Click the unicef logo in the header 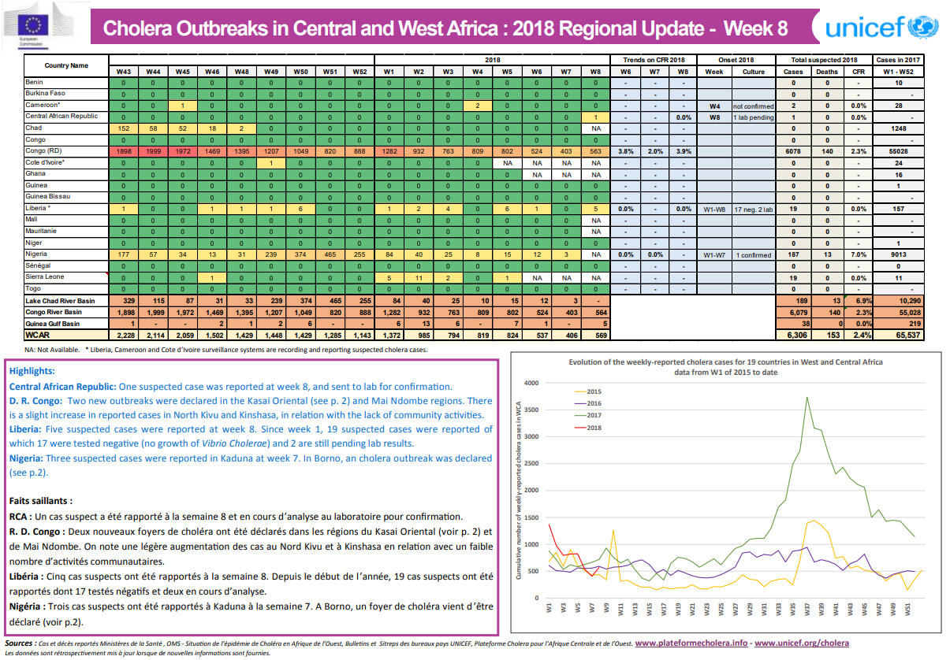(x=881, y=28)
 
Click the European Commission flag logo (x=37, y=25)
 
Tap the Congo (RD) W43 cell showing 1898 (x=123, y=150)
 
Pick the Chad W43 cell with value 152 (x=123, y=128)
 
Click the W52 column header (x=360, y=72)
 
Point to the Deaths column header (x=826, y=72)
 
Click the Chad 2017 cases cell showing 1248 (x=898, y=128)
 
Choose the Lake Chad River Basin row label (x=60, y=301)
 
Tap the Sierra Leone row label (x=45, y=277)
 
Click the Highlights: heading (x=32, y=370)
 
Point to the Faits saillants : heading (x=41, y=500)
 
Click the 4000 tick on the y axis (x=531, y=384)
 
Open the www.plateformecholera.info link (x=691, y=643)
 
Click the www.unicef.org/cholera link (x=803, y=643)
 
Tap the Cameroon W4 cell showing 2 (x=478, y=105)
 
